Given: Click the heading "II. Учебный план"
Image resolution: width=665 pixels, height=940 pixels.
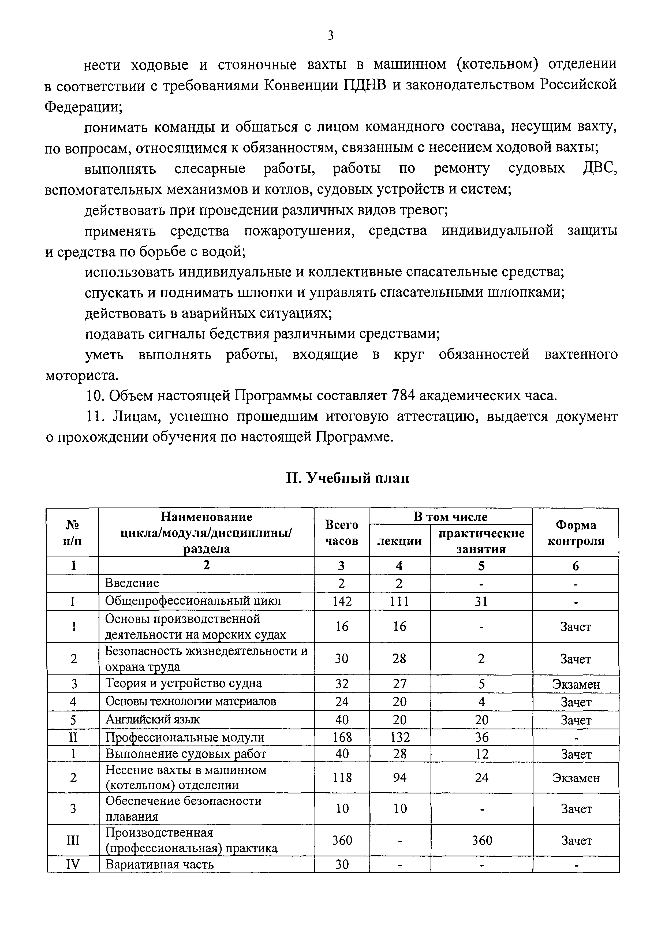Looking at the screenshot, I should click(347, 478).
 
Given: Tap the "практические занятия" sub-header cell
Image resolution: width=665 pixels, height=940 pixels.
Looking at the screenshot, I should click(481, 541).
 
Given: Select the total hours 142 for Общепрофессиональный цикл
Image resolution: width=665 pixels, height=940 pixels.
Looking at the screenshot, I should click(342, 601).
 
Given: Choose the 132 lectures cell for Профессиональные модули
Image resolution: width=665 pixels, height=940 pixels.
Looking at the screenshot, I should click(400, 737).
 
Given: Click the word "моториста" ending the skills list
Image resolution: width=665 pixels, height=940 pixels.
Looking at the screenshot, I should click(81, 375).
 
